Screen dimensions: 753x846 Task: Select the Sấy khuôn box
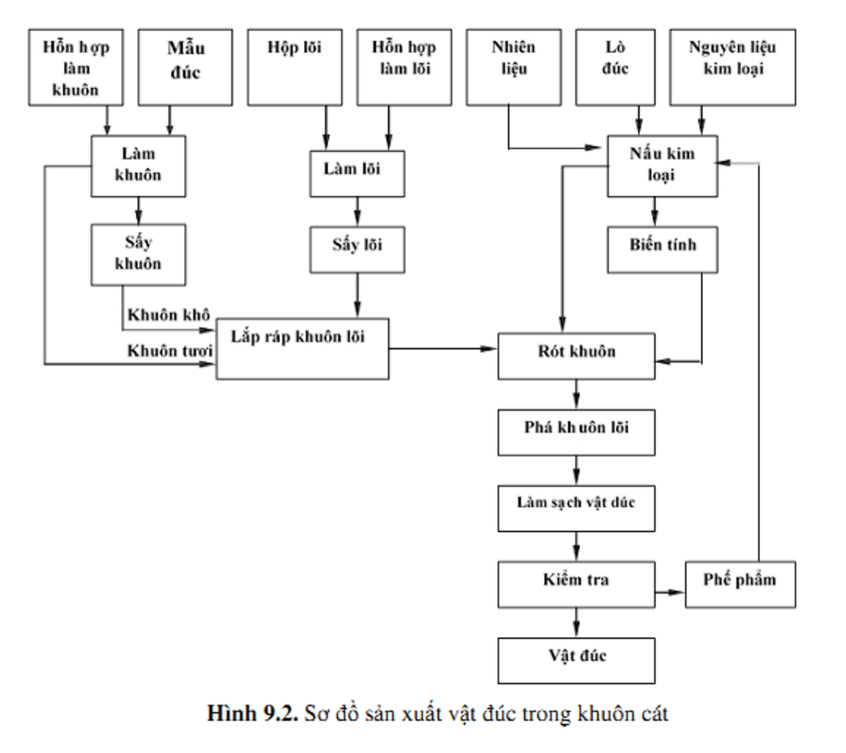tap(138, 253)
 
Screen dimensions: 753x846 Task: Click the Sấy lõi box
tap(357, 249)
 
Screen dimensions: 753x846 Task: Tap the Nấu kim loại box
tap(663, 166)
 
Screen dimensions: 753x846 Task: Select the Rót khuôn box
tap(577, 355)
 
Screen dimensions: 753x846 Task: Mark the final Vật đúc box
tap(577, 659)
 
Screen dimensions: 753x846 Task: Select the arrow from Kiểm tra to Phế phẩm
tap(670, 593)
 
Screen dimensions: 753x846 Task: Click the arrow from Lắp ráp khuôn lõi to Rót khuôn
tap(443, 348)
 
